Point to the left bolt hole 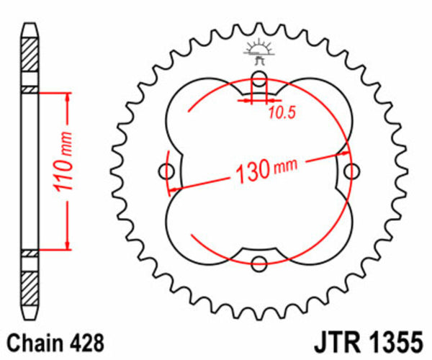[168, 171]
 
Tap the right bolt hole [351, 171]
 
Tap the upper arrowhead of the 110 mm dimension [66, 96]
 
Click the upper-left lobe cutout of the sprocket [202, 115]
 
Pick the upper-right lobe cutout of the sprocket [317, 115]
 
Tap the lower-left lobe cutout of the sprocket [202, 227]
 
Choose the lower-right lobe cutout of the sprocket [317, 227]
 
